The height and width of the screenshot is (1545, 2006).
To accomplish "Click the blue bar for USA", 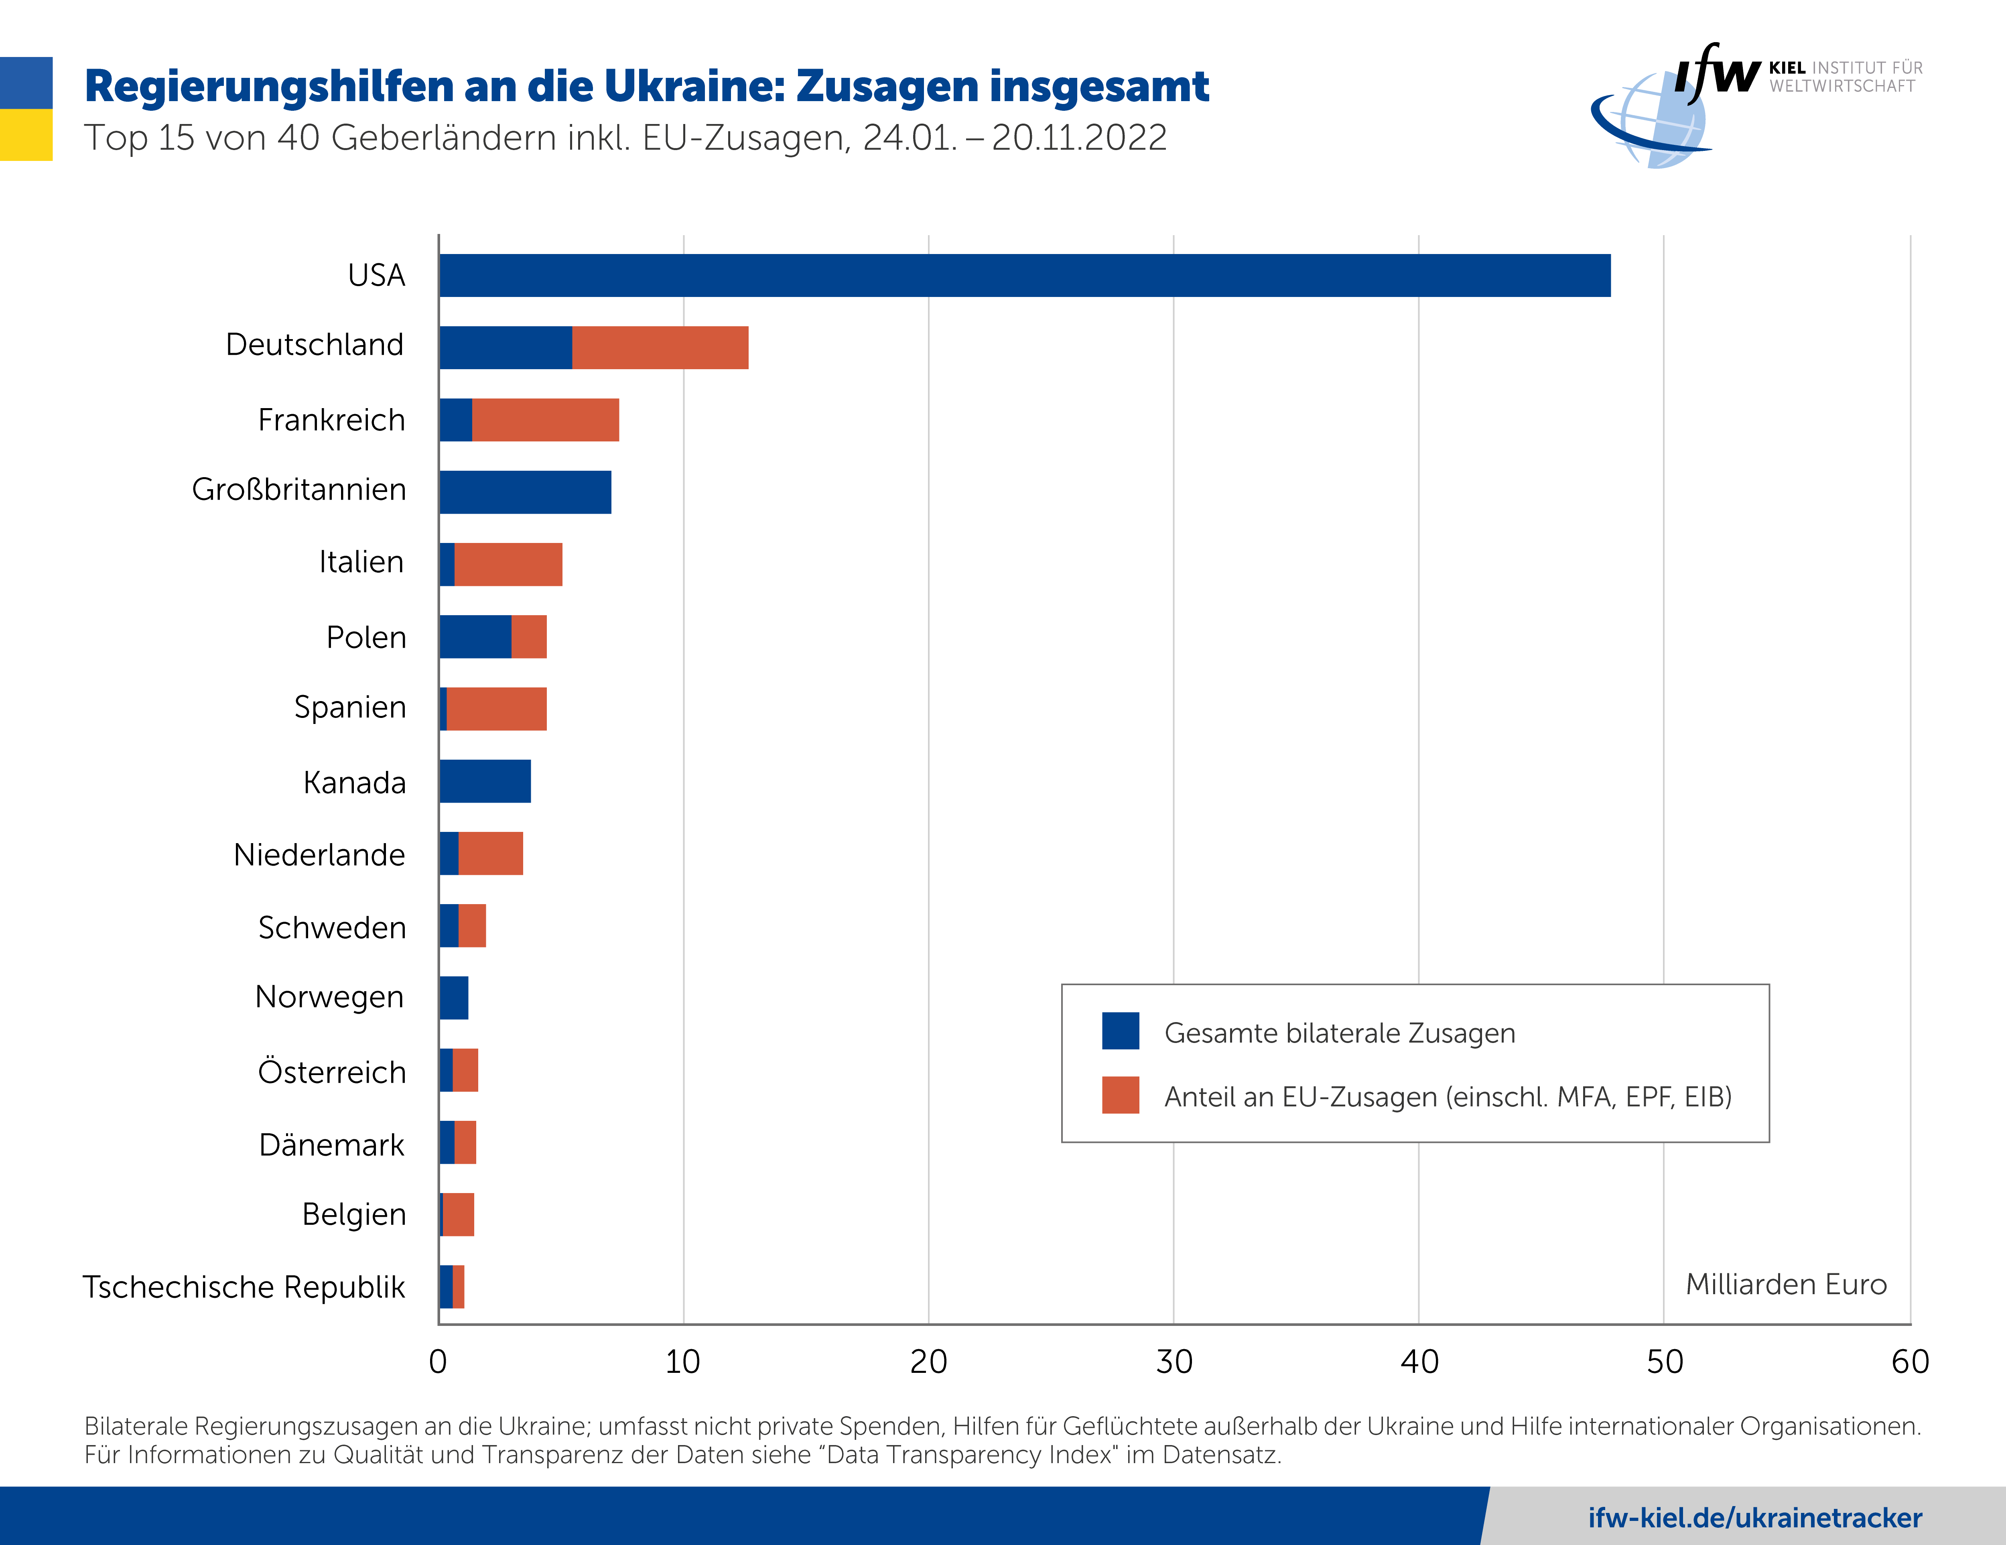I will pos(1024,276).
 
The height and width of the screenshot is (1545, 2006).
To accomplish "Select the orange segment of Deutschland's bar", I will pos(660,348).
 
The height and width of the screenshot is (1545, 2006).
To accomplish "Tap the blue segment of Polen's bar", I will pos(475,636).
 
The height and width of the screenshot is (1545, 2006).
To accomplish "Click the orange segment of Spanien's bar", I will pos(496,709).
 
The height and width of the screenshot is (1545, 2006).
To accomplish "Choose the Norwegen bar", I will pos(454,998).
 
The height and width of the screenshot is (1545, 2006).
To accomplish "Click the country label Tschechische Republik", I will pos(244,1287).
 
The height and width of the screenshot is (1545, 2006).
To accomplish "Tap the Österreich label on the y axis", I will pos(331,1072).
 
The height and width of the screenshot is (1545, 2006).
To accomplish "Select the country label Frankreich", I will pos(331,420).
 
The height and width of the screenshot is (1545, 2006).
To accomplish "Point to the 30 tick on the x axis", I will pos(1174,1361).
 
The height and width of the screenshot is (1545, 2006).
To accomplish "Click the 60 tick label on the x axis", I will pos(1910,1361).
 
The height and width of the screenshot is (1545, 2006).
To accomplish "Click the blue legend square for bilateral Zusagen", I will pos(1121,1031).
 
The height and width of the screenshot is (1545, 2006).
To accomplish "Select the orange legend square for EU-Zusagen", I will pos(1121,1095).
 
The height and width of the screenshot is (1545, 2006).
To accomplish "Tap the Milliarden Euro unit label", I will pos(1786,1284).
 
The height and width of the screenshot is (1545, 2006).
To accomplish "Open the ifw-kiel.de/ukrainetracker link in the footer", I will pos(1754,1517).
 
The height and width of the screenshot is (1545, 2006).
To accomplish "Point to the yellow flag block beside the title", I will pos(26,135).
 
